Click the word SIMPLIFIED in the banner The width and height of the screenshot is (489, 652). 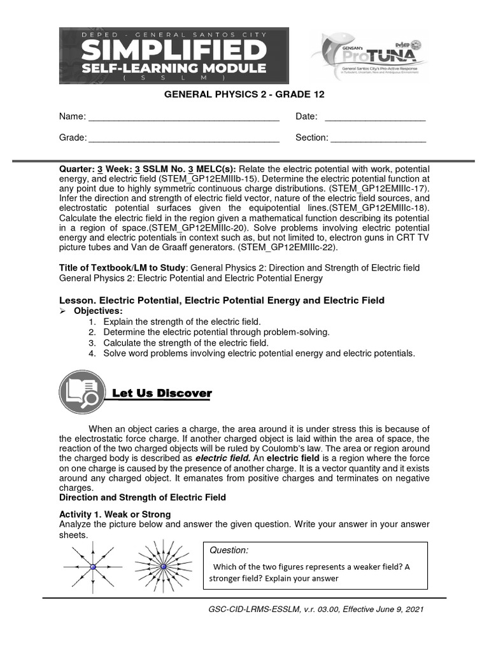coord(174,50)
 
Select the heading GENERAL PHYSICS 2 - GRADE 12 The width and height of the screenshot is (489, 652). coord(244,94)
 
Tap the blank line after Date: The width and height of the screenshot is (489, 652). coord(375,117)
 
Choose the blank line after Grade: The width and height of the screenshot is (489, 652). coord(183,138)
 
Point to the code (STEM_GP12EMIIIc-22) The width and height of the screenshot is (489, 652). coord(294,247)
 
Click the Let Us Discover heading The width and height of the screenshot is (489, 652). coord(161,393)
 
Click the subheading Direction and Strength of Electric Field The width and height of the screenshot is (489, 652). coord(143,497)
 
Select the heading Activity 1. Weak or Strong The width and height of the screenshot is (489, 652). coord(115,514)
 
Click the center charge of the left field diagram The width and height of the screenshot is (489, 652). coord(93,567)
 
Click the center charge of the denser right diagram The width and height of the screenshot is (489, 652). coord(163,565)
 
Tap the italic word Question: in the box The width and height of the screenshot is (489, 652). coord(230,550)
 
